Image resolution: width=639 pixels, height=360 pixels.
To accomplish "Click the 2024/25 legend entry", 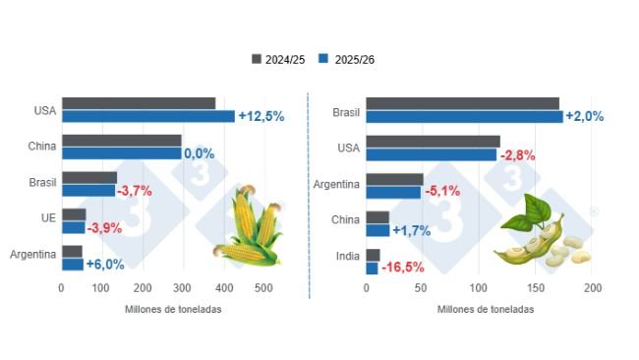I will coord(279,59).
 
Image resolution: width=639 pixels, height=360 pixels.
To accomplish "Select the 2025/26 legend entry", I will coord(348,59).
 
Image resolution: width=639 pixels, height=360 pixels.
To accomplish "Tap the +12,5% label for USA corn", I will coord(261,116).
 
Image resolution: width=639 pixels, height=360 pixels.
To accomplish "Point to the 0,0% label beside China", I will coord(200,153).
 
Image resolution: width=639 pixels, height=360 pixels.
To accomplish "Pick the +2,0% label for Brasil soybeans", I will coord(584,116).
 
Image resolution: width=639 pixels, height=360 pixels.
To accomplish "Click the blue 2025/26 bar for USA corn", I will coord(147,116).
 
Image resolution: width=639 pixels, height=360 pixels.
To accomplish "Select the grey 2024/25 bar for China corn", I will coord(121,141).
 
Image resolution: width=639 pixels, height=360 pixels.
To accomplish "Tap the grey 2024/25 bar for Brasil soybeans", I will coord(462,103).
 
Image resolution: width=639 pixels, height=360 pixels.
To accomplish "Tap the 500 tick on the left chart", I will coord(263,288).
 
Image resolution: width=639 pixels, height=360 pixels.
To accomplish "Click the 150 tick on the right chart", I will coord(537,288).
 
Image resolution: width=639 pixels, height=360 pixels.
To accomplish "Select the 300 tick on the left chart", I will coord(183,288).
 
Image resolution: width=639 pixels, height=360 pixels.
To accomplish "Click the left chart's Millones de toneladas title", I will coord(173,309).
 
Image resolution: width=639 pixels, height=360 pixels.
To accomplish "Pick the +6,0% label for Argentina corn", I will coord(105,265).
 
